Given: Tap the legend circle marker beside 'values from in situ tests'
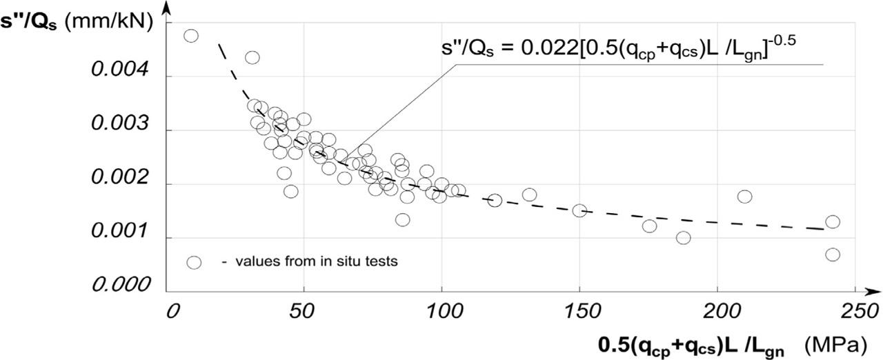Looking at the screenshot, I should (194, 262).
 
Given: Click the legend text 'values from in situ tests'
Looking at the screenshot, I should (317, 261).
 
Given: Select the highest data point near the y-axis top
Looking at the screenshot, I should (191, 35).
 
